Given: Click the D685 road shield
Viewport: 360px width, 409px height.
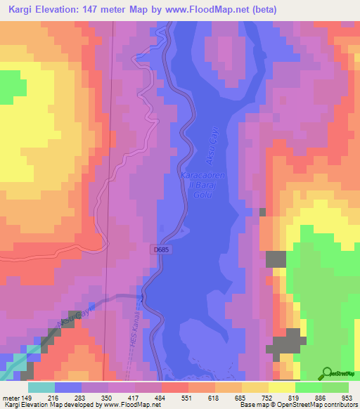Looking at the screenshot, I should (159, 249).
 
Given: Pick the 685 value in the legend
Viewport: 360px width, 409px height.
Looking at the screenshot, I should (242, 397).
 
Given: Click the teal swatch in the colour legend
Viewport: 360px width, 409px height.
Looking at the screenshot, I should (41, 387).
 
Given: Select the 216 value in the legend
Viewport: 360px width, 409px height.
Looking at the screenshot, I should (55, 397).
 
